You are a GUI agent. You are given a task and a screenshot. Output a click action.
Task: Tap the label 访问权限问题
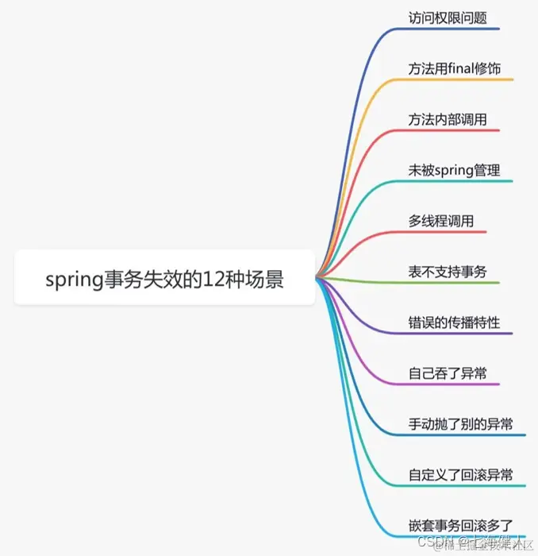pyautogui.click(x=448, y=17)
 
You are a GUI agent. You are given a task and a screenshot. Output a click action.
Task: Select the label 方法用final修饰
pyautogui.click(x=454, y=68)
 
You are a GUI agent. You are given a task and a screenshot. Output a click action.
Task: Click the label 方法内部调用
pyautogui.click(x=448, y=119)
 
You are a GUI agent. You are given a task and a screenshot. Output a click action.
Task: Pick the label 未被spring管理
pyautogui.click(x=454, y=170)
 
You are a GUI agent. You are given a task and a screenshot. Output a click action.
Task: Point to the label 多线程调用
pyautogui.click(x=441, y=221)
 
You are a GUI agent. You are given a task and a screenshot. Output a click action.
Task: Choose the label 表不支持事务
pyautogui.click(x=448, y=272)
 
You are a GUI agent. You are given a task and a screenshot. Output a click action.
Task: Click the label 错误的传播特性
pyautogui.click(x=454, y=322)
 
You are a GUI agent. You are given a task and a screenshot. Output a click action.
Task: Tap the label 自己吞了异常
pyautogui.click(x=448, y=373)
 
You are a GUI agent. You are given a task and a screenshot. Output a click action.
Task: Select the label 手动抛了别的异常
pyautogui.click(x=460, y=424)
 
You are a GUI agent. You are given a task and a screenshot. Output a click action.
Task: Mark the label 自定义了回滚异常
pyautogui.click(x=460, y=475)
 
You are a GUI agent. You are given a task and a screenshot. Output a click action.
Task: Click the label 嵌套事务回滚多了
pyautogui.click(x=460, y=525)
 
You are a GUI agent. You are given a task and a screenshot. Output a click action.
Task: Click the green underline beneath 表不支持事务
pyautogui.click(x=452, y=283)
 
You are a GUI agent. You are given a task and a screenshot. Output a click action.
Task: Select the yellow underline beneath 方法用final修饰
pyautogui.click(x=460, y=79)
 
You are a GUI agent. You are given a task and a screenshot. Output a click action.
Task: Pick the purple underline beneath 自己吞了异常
pyautogui.click(x=452, y=384)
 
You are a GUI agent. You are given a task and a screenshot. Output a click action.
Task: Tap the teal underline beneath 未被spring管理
pyautogui.click(x=460, y=181)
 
